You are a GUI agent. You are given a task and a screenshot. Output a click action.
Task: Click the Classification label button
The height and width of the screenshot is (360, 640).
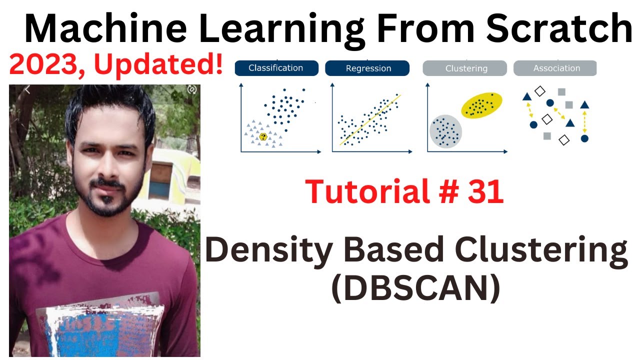click(x=276, y=68)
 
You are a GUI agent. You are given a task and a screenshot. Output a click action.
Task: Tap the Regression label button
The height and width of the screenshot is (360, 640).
click(x=368, y=68)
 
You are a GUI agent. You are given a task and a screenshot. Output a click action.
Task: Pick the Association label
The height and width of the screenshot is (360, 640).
click(x=556, y=68)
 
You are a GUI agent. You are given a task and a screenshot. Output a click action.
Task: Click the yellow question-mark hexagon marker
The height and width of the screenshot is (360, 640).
click(x=263, y=137)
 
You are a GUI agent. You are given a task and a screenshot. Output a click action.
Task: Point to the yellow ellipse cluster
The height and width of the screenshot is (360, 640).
click(x=481, y=105)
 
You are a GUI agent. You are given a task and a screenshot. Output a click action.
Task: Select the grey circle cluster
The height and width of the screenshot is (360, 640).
click(x=445, y=131)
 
